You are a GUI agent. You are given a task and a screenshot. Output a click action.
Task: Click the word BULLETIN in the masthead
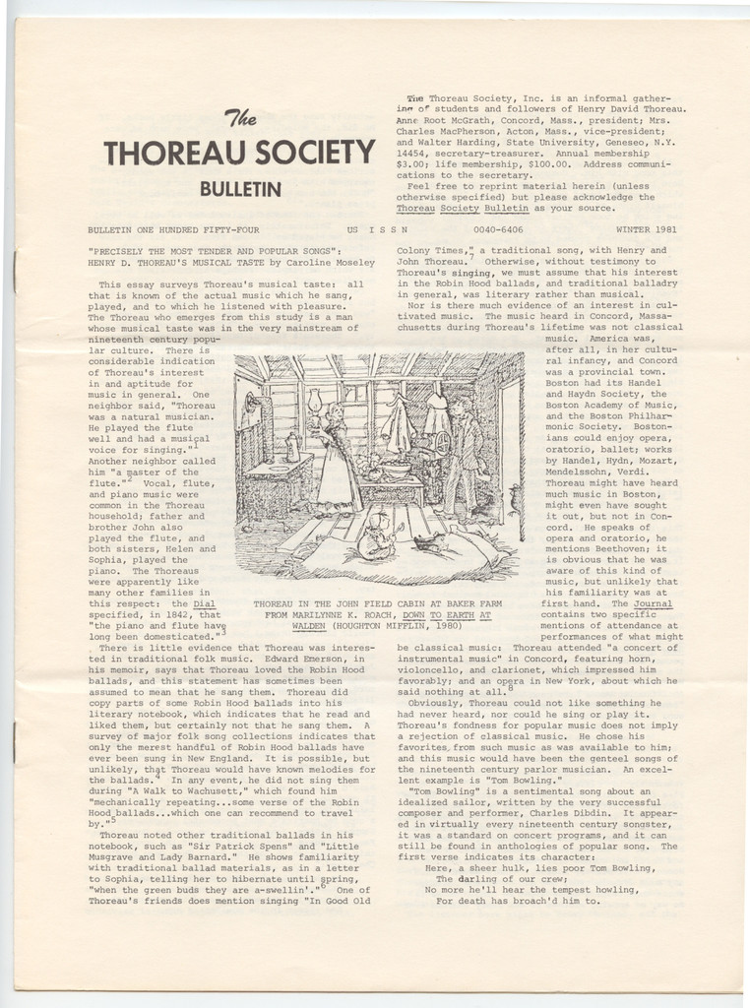pyautogui.click(x=240, y=188)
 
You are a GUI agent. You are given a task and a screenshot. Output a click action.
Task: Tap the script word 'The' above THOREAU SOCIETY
pyautogui.click(x=241, y=120)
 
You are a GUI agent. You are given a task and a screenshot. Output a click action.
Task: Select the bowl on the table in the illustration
pyautogui.click(x=395, y=471)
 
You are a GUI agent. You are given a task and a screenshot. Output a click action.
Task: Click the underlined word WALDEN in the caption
pyautogui.click(x=309, y=625)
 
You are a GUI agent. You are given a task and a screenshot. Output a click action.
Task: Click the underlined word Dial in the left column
pyautogui.click(x=204, y=601)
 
